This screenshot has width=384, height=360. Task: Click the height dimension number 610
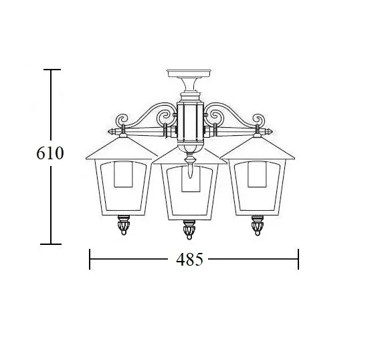[x=50, y=153]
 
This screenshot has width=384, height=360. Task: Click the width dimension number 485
[x=190, y=260]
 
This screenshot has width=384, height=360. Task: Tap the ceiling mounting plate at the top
[x=189, y=73]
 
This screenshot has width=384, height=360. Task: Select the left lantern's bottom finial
[x=124, y=225]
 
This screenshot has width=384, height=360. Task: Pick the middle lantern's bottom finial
[x=189, y=230]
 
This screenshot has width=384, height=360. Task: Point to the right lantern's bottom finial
[x=258, y=226]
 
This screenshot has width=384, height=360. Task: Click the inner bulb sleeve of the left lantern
[x=123, y=174]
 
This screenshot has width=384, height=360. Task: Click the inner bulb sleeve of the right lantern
[x=257, y=174]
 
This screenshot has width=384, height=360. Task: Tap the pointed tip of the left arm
[x=109, y=132]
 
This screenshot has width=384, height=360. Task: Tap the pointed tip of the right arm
[x=272, y=132]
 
